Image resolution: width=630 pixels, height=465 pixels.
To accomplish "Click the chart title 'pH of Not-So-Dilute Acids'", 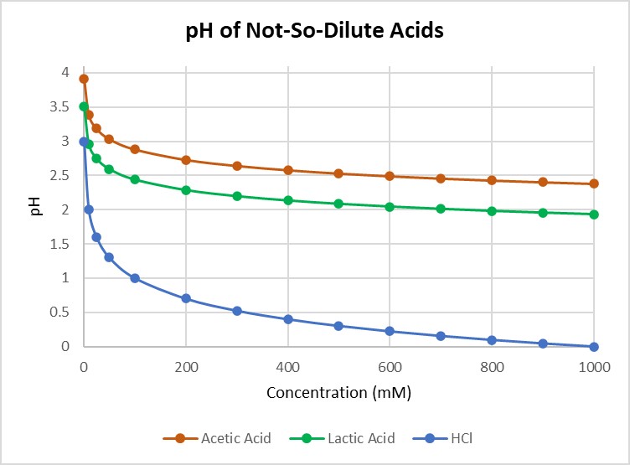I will (x=314, y=33).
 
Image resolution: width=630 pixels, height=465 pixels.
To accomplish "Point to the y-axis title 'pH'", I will (x=35, y=209).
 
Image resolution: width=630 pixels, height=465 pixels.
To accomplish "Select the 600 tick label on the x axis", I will (x=493, y=366).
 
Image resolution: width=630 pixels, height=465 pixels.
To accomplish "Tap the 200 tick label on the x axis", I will (x=186, y=366).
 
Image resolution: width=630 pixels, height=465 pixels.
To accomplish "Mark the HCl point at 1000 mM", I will (x=594, y=347).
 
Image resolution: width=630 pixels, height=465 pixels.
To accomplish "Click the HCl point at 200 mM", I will (x=186, y=298).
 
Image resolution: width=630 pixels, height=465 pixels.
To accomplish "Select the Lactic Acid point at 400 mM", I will (x=288, y=200).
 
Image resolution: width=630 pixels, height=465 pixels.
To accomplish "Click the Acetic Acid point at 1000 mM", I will (x=594, y=183).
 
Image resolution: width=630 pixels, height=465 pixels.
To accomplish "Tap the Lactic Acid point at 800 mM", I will (x=492, y=211).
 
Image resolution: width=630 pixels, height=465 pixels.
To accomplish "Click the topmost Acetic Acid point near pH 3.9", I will (x=84, y=79).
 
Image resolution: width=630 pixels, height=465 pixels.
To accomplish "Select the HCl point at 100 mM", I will (x=135, y=278).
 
